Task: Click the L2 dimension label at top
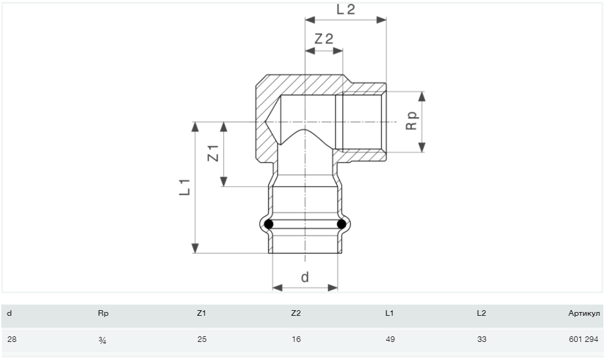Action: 346,9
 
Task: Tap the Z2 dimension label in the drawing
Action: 324,39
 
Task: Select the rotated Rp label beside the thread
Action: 411,121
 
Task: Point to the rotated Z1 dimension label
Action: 213,153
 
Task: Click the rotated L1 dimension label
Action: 185,187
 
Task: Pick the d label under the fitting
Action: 305,277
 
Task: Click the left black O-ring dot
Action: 269,224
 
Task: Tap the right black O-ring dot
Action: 342,224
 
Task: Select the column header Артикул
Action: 583,313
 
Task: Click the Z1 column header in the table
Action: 201,313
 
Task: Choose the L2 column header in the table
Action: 481,313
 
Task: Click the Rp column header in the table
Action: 103,313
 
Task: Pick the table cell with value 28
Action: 12,339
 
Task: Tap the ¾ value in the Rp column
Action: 102,340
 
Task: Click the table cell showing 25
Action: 202,339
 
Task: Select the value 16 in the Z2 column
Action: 296,339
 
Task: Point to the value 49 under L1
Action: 390,339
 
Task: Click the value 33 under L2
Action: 482,339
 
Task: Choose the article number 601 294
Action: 583,339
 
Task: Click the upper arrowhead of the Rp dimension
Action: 422,97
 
